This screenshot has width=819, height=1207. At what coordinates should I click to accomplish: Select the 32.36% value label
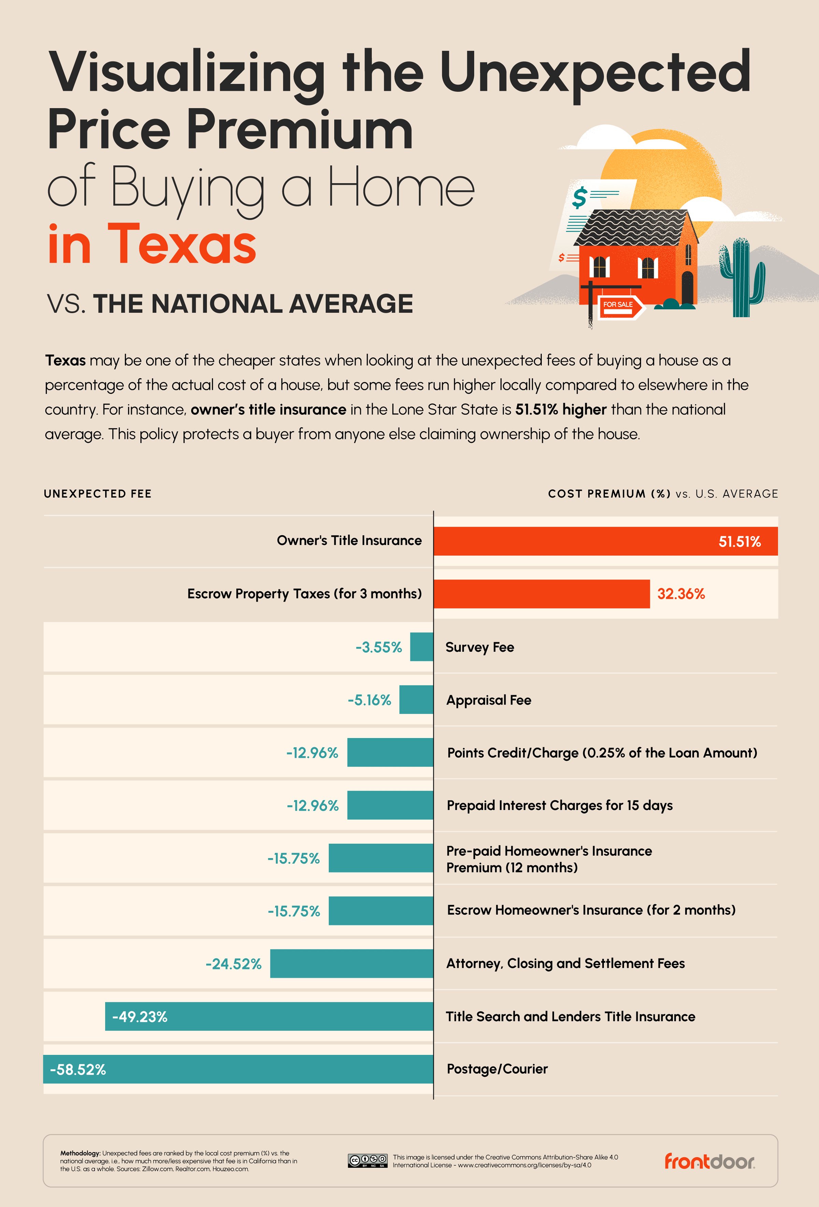(x=681, y=594)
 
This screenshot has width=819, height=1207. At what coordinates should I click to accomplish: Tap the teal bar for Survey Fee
(x=421, y=646)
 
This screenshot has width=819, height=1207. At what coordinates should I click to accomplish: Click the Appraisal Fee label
(x=488, y=700)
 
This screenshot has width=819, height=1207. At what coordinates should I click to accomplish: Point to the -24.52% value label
(x=233, y=964)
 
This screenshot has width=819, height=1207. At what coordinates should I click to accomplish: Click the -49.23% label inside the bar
(x=140, y=1017)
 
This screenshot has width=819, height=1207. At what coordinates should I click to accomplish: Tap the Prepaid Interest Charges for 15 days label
(x=560, y=806)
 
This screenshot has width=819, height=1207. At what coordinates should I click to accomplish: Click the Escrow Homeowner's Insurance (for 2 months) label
(x=591, y=910)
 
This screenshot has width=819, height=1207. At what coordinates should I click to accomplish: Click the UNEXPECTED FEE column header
(x=98, y=494)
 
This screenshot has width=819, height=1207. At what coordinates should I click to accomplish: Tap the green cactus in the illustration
(x=742, y=278)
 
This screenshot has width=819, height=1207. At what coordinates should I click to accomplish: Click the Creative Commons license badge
(x=368, y=1161)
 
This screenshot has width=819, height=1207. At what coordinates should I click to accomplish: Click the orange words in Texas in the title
(x=152, y=244)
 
